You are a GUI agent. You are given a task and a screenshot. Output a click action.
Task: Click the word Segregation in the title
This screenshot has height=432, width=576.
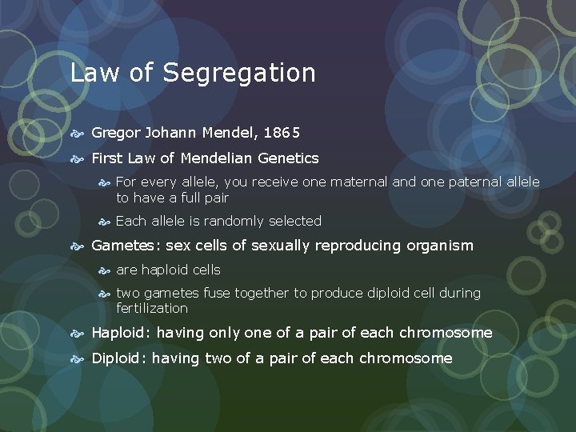coord(239,74)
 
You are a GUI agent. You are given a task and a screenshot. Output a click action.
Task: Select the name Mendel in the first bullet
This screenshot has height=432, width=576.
coord(225,134)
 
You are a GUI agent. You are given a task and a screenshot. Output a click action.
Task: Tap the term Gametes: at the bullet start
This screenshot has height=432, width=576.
coord(126,246)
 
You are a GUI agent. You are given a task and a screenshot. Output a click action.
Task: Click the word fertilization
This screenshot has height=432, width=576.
coord(152,308)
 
